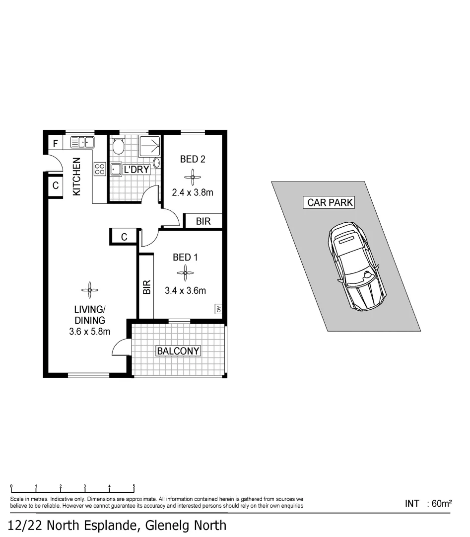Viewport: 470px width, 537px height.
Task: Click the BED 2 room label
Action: (x=193, y=159)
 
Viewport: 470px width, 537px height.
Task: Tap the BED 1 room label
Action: (x=185, y=257)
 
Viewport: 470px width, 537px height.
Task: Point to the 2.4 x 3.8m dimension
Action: (x=193, y=192)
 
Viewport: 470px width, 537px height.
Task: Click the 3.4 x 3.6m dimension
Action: (x=185, y=290)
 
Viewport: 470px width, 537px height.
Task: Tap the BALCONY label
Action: (x=178, y=351)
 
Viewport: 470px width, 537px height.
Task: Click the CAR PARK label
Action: (x=330, y=202)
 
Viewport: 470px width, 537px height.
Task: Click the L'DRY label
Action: (x=136, y=169)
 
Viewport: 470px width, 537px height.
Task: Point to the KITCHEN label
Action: (x=77, y=177)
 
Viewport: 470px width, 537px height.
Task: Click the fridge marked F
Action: (x=55, y=144)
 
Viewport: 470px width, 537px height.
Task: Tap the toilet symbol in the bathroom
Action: (x=118, y=146)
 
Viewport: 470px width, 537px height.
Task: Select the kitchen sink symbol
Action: (x=82, y=143)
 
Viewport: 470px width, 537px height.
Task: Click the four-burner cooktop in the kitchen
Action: (x=99, y=169)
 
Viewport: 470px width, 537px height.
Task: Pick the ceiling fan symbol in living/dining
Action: (x=89, y=289)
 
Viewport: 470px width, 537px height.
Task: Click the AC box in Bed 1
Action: (x=217, y=309)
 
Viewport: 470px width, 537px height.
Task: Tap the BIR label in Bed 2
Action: (x=203, y=221)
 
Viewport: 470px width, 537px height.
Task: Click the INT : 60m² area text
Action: (x=428, y=504)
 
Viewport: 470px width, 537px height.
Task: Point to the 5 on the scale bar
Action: (x=134, y=486)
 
